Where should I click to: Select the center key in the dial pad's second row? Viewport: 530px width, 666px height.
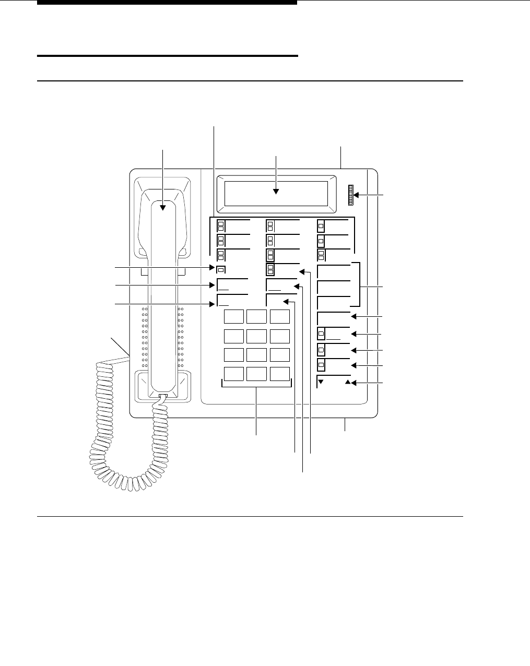pyautogui.click(x=256, y=336)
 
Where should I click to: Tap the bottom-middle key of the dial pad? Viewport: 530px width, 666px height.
pyautogui.click(x=256, y=374)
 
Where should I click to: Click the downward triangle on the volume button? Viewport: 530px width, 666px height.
pyautogui.click(x=321, y=382)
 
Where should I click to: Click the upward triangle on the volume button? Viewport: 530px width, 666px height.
pyautogui.click(x=348, y=382)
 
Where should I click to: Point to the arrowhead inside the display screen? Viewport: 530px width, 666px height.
pyautogui.click(x=276, y=192)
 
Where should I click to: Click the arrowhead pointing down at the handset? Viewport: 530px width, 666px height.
pyautogui.click(x=163, y=207)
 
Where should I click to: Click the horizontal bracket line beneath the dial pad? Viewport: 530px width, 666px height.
pyautogui.click(x=256, y=387)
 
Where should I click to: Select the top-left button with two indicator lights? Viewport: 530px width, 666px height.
pyautogui.click(x=221, y=226)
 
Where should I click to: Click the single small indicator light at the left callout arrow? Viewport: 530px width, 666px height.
pyautogui.click(x=221, y=270)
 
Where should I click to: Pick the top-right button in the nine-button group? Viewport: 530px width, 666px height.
pyautogui.click(x=321, y=226)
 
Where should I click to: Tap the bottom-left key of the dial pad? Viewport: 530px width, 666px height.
pyautogui.click(x=233, y=374)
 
